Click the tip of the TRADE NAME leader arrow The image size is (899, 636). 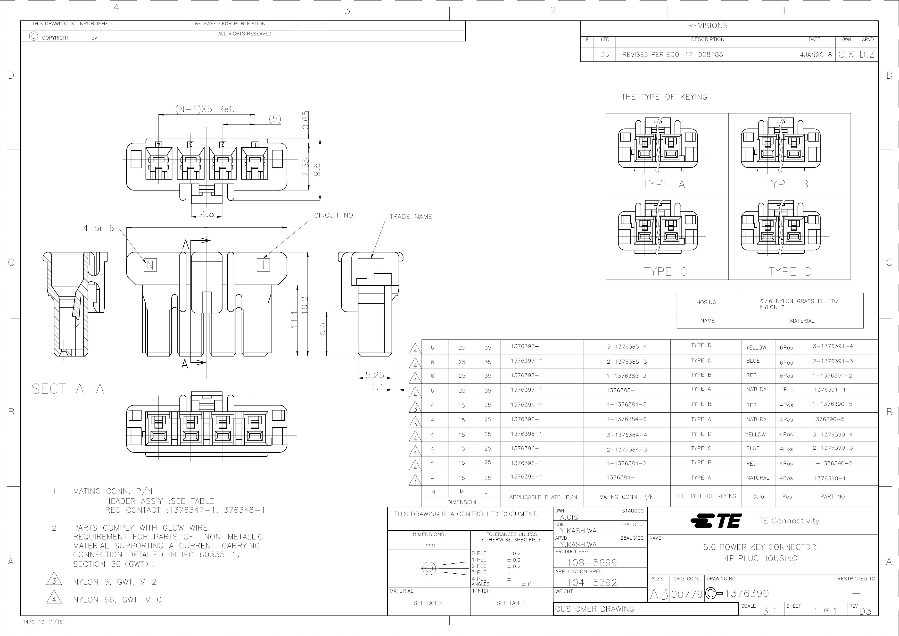pyautogui.click(x=371, y=258)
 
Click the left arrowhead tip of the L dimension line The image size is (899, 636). pyautogui.click(x=126, y=227)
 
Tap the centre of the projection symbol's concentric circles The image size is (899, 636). pyautogui.click(x=429, y=568)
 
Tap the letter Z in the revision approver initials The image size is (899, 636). pyautogui.click(x=871, y=55)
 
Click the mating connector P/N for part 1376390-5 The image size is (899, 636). pyautogui.click(x=627, y=419)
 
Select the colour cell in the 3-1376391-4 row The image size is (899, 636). pyautogui.click(x=756, y=347)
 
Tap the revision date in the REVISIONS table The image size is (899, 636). pyautogui.click(x=816, y=55)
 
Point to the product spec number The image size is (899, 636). pyautogui.click(x=592, y=562)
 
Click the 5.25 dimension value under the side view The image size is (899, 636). pyautogui.click(x=375, y=375)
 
